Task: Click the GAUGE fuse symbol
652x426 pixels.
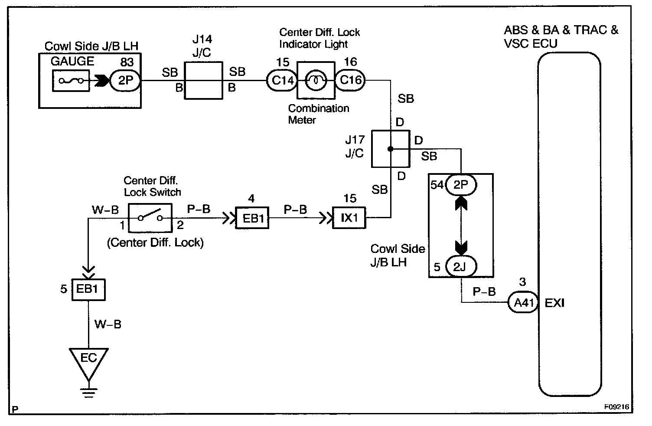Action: (x=71, y=81)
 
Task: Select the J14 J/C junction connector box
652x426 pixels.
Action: (x=204, y=80)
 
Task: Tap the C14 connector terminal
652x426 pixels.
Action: (x=282, y=80)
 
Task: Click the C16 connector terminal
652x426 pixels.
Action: (x=350, y=80)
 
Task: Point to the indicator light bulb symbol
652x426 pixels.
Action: (x=316, y=80)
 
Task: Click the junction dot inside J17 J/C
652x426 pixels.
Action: (x=390, y=149)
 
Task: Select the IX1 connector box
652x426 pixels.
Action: (x=349, y=218)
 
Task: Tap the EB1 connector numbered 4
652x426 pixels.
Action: (x=252, y=218)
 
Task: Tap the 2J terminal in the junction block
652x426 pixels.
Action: (x=461, y=266)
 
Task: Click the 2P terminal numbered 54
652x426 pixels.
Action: (x=461, y=185)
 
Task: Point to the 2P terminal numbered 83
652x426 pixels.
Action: (x=125, y=80)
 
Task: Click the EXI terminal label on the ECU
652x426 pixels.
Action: (x=554, y=303)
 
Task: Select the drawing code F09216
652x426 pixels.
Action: (x=616, y=408)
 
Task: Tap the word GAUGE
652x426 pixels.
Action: (x=72, y=61)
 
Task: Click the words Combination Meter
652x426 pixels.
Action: (x=318, y=114)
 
